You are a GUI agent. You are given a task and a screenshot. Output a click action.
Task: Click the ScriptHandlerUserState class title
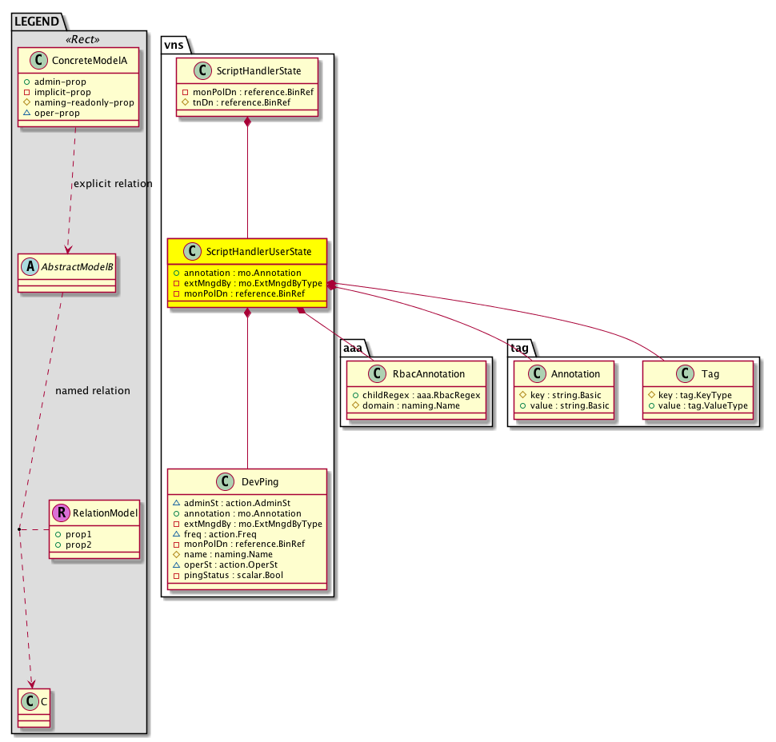[x=259, y=252]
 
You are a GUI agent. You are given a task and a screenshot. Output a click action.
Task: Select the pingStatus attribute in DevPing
[x=228, y=576]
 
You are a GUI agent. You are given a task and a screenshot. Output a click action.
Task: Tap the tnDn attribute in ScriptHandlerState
[x=236, y=102]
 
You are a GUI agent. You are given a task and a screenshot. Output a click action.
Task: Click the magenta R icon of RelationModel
[x=62, y=513]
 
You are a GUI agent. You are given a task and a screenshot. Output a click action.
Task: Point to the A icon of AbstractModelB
[x=30, y=266]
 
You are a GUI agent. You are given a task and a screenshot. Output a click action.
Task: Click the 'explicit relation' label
[x=113, y=184]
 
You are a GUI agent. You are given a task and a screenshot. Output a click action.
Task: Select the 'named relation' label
[x=93, y=391]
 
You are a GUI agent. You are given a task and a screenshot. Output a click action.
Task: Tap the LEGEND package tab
[x=37, y=22]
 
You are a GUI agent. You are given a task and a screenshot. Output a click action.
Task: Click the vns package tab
[x=174, y=45]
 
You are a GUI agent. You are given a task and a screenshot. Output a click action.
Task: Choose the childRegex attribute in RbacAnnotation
[x=416, y=395]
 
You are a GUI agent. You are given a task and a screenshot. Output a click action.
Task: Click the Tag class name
[x=710, y=374]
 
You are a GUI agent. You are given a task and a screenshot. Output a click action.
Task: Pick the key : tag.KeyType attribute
[x=690, y=395]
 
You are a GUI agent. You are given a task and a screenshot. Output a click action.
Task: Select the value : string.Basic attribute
[x=564, y=405]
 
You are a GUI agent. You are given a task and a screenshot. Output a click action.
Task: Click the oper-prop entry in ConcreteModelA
[x=51, y=113]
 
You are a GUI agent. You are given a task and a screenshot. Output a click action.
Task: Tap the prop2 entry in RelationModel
[x=74, y=545]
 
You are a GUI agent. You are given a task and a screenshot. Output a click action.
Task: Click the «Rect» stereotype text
[x=82, y=39]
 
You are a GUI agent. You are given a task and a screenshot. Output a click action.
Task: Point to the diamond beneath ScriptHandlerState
[x=247, y=122]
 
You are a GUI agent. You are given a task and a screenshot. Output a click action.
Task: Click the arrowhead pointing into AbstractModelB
[x=68, y=249]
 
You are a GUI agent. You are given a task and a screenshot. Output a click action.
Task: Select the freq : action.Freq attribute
[x=214, y=534]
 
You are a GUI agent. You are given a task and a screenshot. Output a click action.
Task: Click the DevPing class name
[x=260, y=482]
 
